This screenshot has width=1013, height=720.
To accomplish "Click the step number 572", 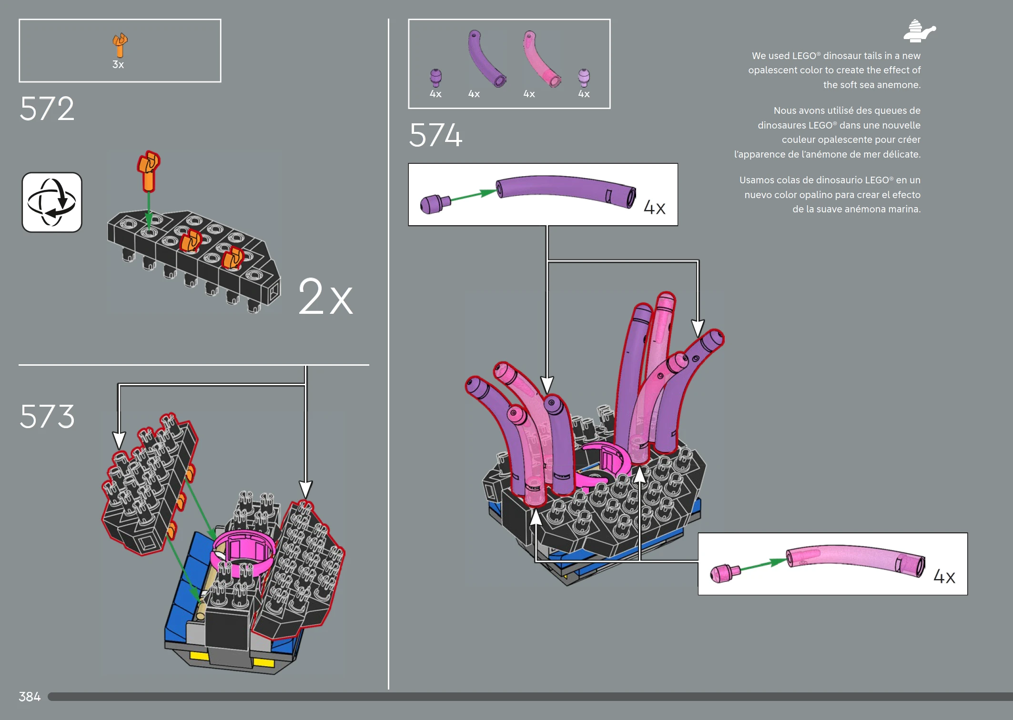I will click(x=47, y=109).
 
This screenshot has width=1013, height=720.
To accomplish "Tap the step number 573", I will click(x=47, y=416).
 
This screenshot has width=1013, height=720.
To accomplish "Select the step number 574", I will click(x=436, y=135).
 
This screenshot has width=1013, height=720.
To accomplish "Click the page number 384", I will click(x=30, y=697).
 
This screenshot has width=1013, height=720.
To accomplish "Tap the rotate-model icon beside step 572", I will click(x=52, y=202).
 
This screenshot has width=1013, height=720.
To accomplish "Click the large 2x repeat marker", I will click(x=325, y=297).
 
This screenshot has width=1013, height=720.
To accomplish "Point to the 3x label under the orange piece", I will click(x=118, y=65).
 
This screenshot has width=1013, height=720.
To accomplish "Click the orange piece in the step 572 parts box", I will click(x=120, y=44).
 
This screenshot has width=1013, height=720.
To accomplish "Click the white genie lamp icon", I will click(x=919, y=31).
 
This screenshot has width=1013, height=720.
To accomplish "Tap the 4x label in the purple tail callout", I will click(x=654, y=208).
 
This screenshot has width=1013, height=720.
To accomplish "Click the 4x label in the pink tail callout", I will click(x=944, y=577).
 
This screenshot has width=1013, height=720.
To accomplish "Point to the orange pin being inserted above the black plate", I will click(x=148, y=171).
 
